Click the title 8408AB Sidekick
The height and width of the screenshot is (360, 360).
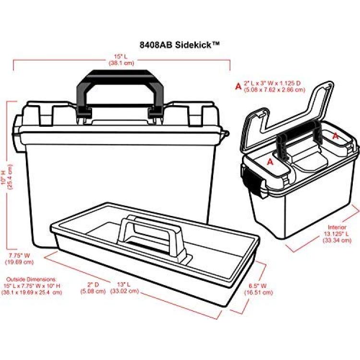(x=180, y=45)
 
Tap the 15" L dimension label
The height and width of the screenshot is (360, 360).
(x=121, y=57)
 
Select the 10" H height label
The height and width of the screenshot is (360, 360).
(x=4, y=177)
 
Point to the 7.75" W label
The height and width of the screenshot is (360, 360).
(x=19, y=255)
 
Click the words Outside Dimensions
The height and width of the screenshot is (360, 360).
(x=31, y=279)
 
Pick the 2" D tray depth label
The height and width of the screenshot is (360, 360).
(x=93, y=285)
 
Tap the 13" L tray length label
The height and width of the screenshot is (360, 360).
(x=124, y=285)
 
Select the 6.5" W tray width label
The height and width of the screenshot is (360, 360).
(x=258, y=286)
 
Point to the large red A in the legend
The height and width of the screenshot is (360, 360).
(x=239, y=86)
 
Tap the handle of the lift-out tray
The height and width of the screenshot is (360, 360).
(x=152, y=237)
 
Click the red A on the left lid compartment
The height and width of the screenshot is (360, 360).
(x=270, y=162)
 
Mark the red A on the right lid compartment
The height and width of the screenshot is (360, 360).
(x=336, y=136)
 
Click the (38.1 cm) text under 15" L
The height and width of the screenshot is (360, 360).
(x=121, y=63)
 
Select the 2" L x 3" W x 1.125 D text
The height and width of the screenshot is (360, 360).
(x=272, y=83)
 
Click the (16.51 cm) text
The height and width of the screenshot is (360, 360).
(x=259, y=292)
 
